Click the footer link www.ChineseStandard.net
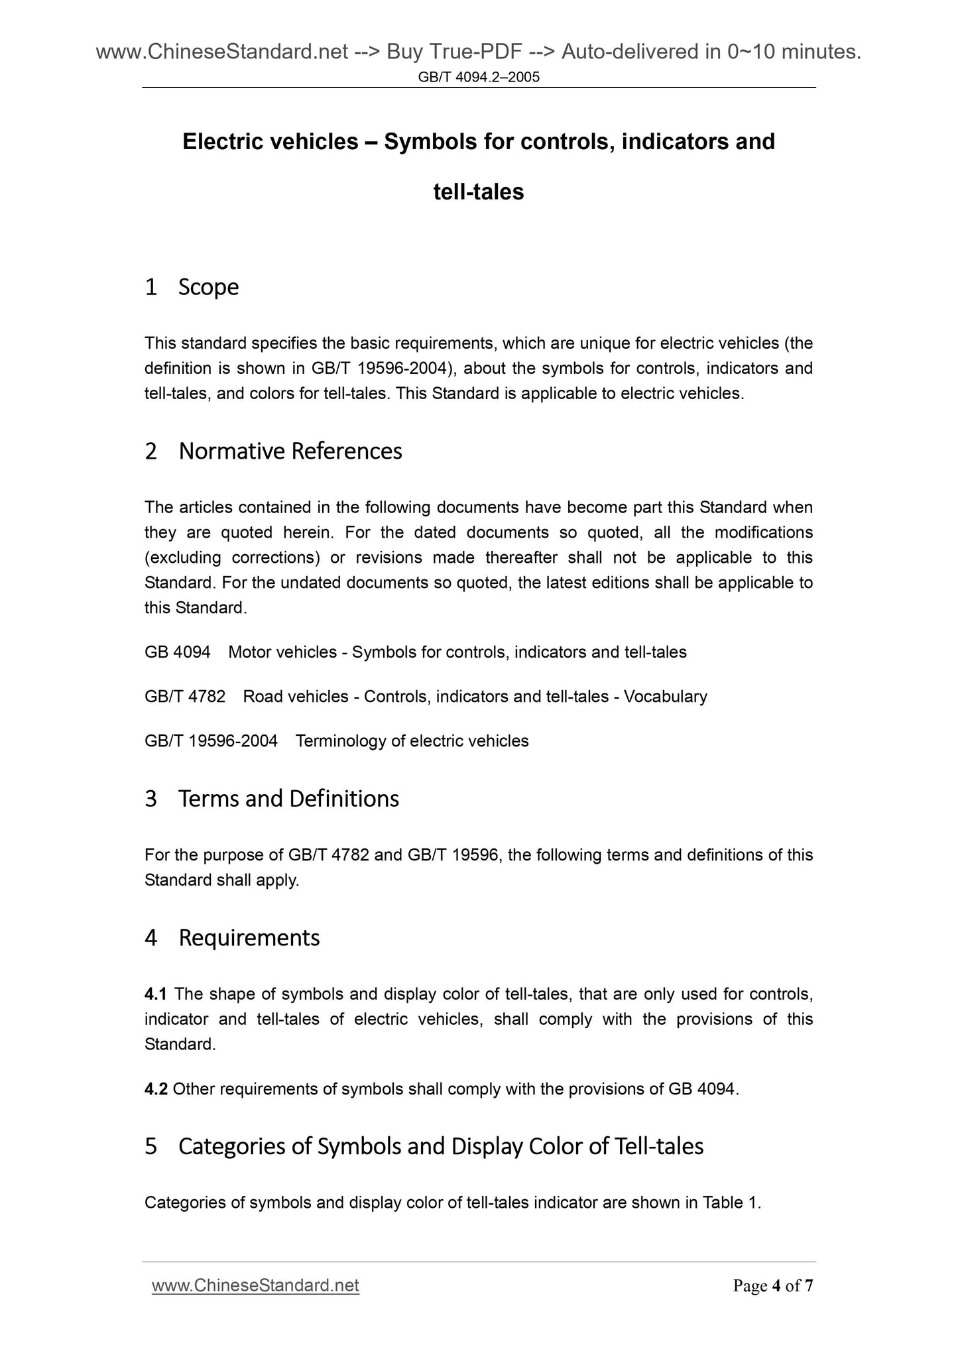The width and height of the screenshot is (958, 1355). click(255, 1285)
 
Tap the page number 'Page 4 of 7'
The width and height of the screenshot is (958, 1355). click(772, 1286)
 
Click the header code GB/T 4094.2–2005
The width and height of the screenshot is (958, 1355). click(479, 78)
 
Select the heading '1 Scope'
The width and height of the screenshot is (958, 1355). click(192, 287)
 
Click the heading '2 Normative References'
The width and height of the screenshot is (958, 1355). click(273, 451)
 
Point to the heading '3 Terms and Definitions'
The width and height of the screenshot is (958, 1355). click(272, 798)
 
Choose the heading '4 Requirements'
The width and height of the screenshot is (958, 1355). click(232, 937)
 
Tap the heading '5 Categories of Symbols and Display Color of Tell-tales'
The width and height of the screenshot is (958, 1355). click(424, 1146)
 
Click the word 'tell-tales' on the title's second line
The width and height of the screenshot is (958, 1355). click(479, 192)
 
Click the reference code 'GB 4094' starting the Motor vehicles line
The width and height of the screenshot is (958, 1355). click(177, 652)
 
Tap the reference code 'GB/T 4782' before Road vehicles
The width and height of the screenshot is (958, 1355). click(185, 697)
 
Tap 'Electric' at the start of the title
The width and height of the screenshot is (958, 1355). click(223, 142)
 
